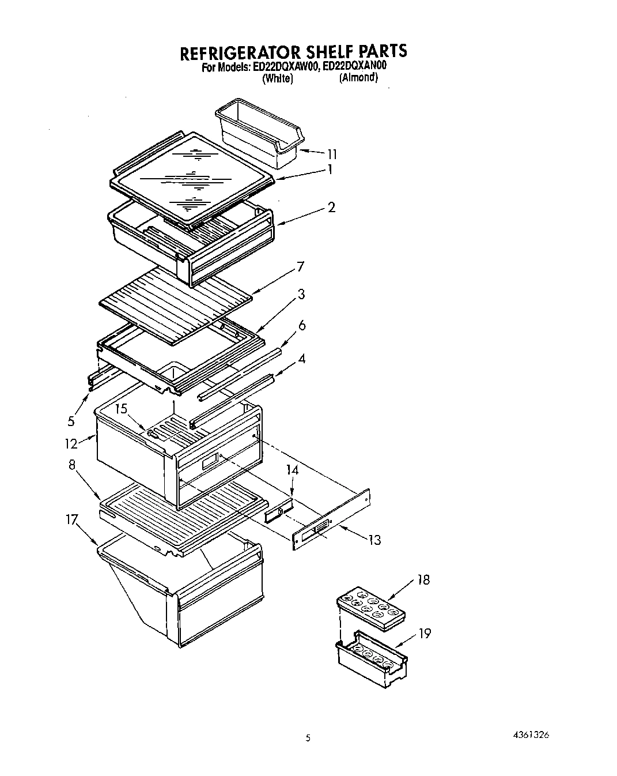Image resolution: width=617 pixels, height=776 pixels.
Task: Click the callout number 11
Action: (x=332, y=154)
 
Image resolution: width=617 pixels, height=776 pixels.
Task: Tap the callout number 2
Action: (x=331, y=207)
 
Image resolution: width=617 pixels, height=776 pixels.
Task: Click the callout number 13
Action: (x=374, y=540)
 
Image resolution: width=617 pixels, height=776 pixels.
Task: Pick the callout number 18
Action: (x=423, y=579)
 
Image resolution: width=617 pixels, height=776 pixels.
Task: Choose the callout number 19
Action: (x=425, y=634)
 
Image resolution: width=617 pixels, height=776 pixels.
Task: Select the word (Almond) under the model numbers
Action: (x=358, y=78)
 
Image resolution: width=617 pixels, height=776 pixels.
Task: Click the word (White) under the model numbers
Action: (x=277, y=79)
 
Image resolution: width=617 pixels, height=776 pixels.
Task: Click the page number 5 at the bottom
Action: (x=308, y=738)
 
